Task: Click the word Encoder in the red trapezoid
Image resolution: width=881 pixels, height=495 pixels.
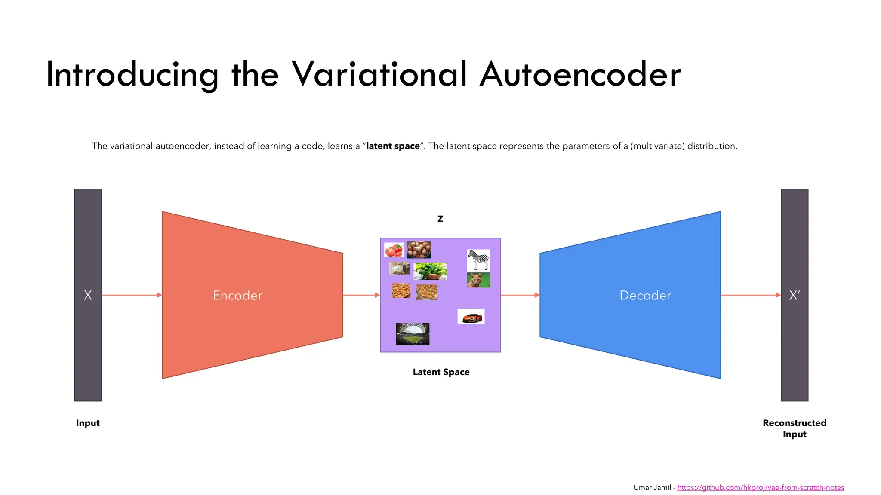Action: tap(237, 296)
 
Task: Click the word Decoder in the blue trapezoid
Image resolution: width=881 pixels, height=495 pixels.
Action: tap(645, 296)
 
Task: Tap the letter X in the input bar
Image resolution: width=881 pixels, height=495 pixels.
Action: tap(88, 296)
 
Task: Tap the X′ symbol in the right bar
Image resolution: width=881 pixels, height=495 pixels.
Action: tap(794, 296)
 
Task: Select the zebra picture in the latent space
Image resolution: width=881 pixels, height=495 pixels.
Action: tap(478, 260)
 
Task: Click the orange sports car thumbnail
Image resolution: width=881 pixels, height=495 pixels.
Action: tap(471, 316)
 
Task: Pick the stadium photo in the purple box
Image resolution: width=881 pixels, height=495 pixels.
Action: tap(413, 334)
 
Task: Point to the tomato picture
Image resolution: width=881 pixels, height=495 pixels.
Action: tap(394, 250)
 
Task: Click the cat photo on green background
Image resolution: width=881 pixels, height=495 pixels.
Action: tap(478, 280)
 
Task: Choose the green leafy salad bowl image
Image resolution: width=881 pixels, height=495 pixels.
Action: tap(430, 271)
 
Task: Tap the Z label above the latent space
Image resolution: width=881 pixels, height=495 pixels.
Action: tap(440, 219)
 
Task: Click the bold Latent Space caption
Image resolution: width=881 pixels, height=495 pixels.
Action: tap(441, 372)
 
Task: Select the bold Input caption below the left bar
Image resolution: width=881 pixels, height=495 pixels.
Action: tap(88, 423)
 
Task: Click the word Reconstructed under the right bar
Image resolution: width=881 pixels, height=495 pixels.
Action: tap(794, 423)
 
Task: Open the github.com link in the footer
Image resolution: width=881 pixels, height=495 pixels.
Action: tap(760, 487)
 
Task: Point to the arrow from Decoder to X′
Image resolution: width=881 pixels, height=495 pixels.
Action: tap(750, 295)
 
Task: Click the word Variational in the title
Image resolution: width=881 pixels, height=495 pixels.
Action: tap(379, 74)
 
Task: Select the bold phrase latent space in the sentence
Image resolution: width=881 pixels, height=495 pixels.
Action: tap(393, 146)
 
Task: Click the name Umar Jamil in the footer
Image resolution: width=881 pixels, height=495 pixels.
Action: tap(652, 487)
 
